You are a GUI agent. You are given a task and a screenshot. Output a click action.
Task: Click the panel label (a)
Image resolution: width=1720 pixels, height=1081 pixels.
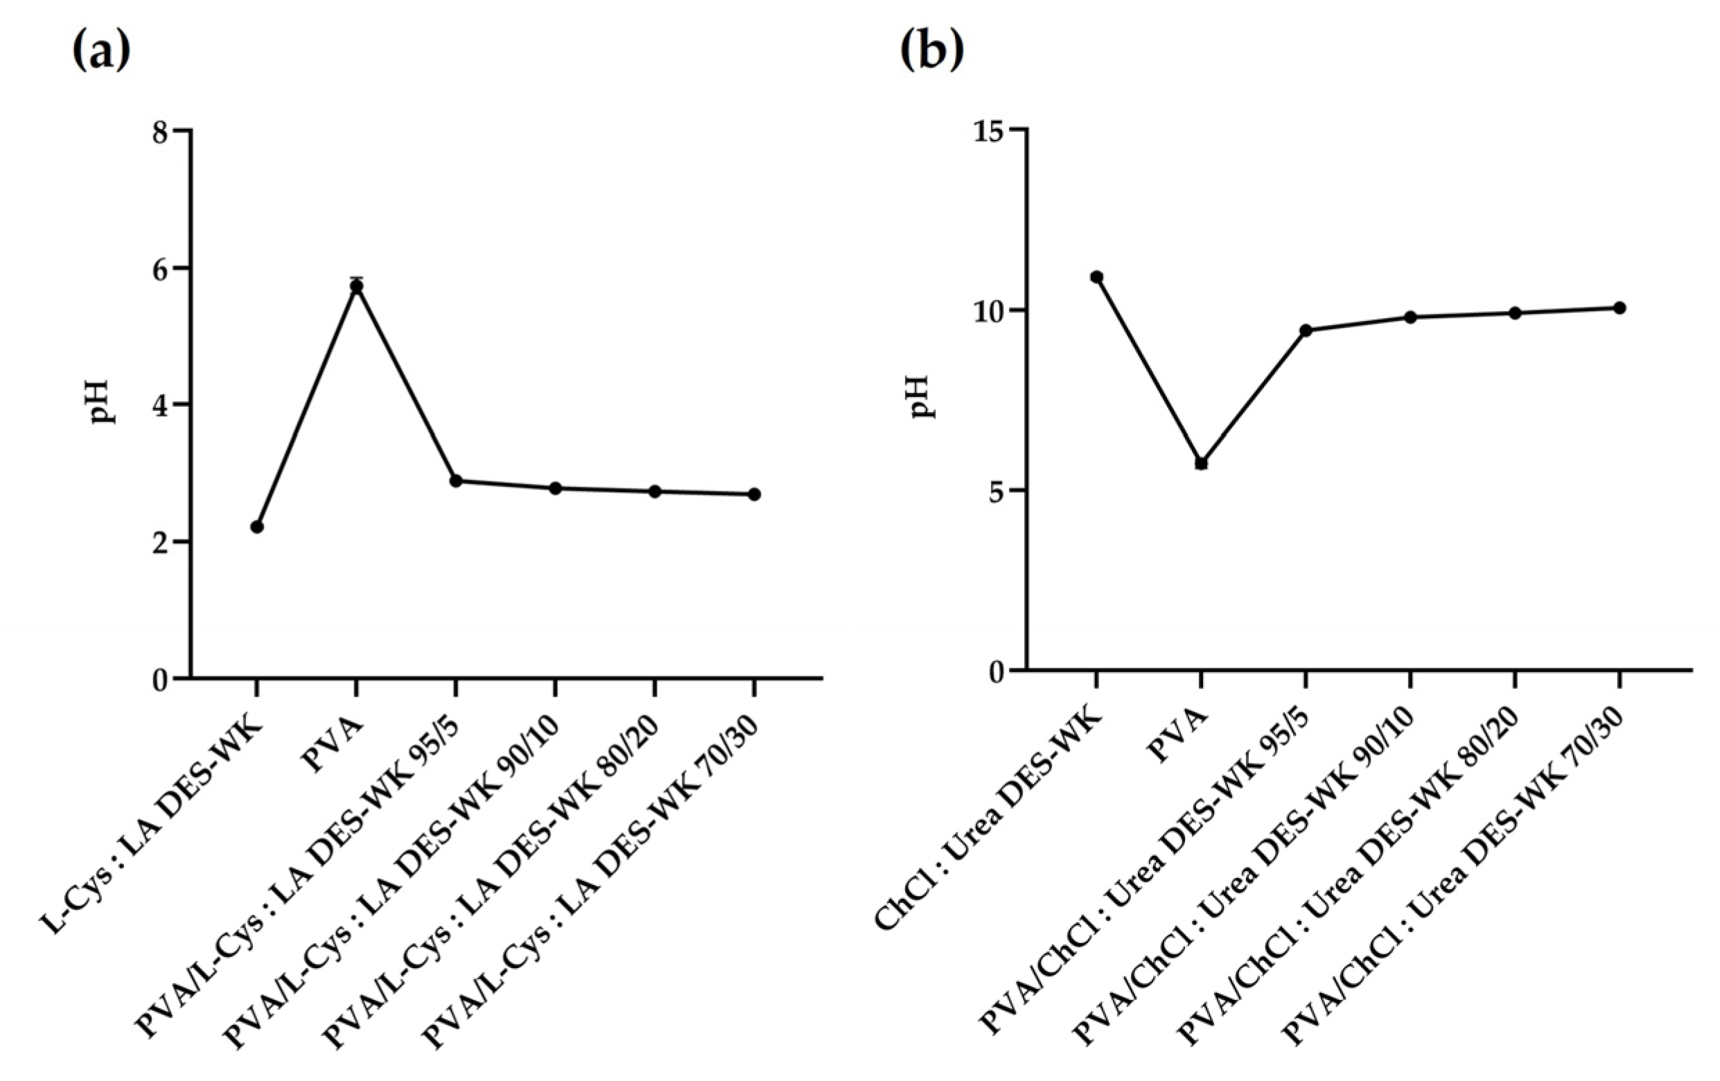(102, 51)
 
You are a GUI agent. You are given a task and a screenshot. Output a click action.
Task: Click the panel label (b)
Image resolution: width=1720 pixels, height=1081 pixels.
(931, 51)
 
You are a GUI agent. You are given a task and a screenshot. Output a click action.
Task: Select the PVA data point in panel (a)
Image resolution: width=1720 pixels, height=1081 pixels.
(356, 286)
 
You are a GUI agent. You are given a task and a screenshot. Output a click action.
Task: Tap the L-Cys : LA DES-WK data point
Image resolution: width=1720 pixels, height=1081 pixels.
(257, 527)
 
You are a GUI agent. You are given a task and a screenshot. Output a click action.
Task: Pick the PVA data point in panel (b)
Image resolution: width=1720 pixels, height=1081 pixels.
(1202, 463)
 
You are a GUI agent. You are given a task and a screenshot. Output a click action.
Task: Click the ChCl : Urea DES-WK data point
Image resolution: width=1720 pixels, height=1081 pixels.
(1096, 277)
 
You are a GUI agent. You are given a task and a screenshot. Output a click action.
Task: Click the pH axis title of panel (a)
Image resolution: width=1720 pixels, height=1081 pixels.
(100, 402)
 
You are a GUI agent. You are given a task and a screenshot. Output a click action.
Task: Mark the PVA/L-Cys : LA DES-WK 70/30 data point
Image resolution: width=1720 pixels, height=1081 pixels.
(754, 494)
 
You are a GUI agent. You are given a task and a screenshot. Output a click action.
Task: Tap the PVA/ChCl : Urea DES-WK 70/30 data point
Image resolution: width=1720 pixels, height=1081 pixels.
(1620, 308)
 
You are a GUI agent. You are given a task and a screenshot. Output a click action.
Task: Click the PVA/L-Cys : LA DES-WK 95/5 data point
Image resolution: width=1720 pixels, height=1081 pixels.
(456, 481)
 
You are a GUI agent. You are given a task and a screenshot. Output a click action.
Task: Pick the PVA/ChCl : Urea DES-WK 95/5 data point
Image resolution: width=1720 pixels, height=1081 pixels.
(1306, 330)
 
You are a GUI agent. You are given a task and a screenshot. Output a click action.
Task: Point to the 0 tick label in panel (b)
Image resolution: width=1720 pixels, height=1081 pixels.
(997, 671)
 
